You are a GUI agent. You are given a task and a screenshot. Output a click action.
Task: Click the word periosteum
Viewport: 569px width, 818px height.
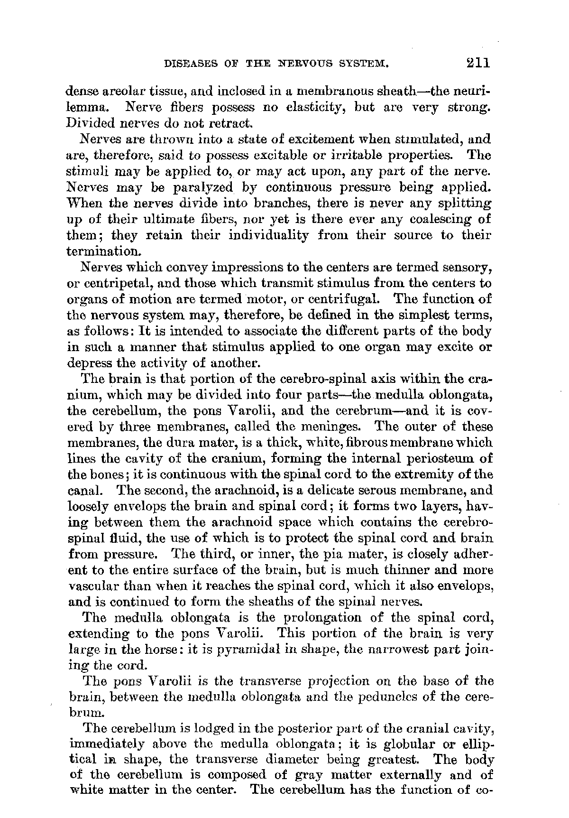point(434,459)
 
